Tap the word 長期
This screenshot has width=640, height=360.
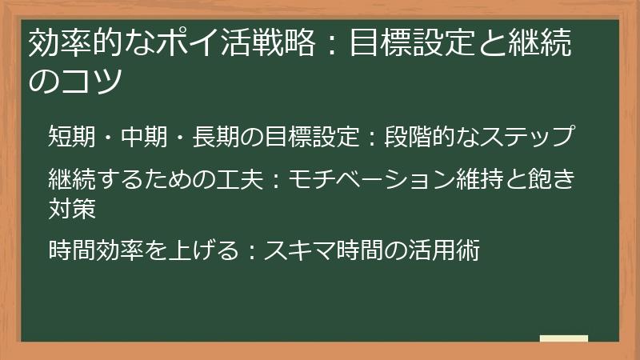click(218, 137)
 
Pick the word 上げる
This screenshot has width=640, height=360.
click(204, 250)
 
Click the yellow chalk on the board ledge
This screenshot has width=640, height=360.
click(563, 339)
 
